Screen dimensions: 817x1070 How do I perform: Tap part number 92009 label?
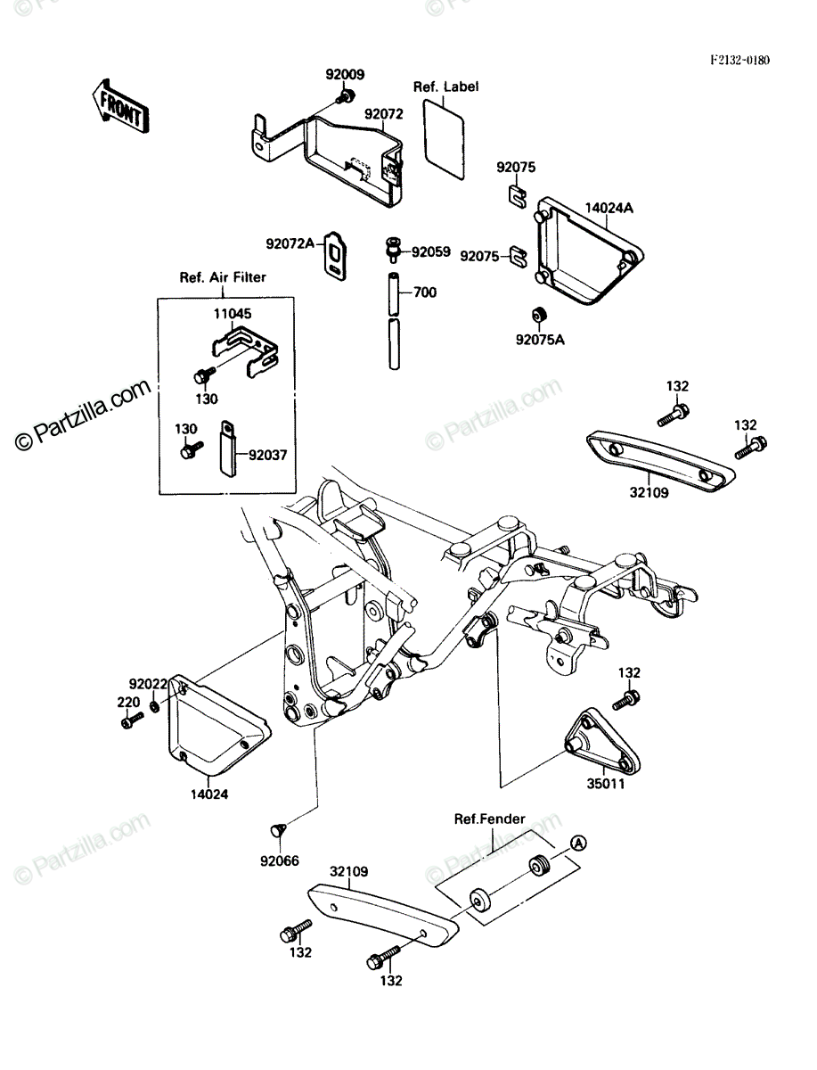pyautogui.click(x=345, y=75)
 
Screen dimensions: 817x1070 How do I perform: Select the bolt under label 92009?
pyautogui.click(x=345, y=96)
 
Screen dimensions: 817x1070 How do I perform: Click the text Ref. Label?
pyautogui.click(x=445, y=86)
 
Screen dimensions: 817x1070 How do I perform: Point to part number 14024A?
pyautogui.click(x=609, y=208)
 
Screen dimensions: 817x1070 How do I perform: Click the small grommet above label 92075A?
pyautogui.click(x=540, y=315)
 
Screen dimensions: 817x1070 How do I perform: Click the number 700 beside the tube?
pyautogui.click(x=425, y=292)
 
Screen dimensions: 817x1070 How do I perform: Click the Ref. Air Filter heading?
pyautogui.click(x=223, y=277)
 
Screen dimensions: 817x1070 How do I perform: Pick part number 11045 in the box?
pyautogui.click(x=233, y=314)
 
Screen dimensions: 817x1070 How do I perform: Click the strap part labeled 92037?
pyautogui.click(x=228, y=449)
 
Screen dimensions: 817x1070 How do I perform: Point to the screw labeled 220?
pyautogui.click(x=132, y=720)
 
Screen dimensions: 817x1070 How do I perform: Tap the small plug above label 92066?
pyautogui.click(x=278, y=829)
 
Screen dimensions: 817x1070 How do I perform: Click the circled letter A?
pyautogui.click(x=578, y=843)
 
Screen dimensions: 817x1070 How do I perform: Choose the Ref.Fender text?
pyautogui.click(x=489, y=819)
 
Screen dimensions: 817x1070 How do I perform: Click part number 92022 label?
pyautogui.click(x=148, y=684)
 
